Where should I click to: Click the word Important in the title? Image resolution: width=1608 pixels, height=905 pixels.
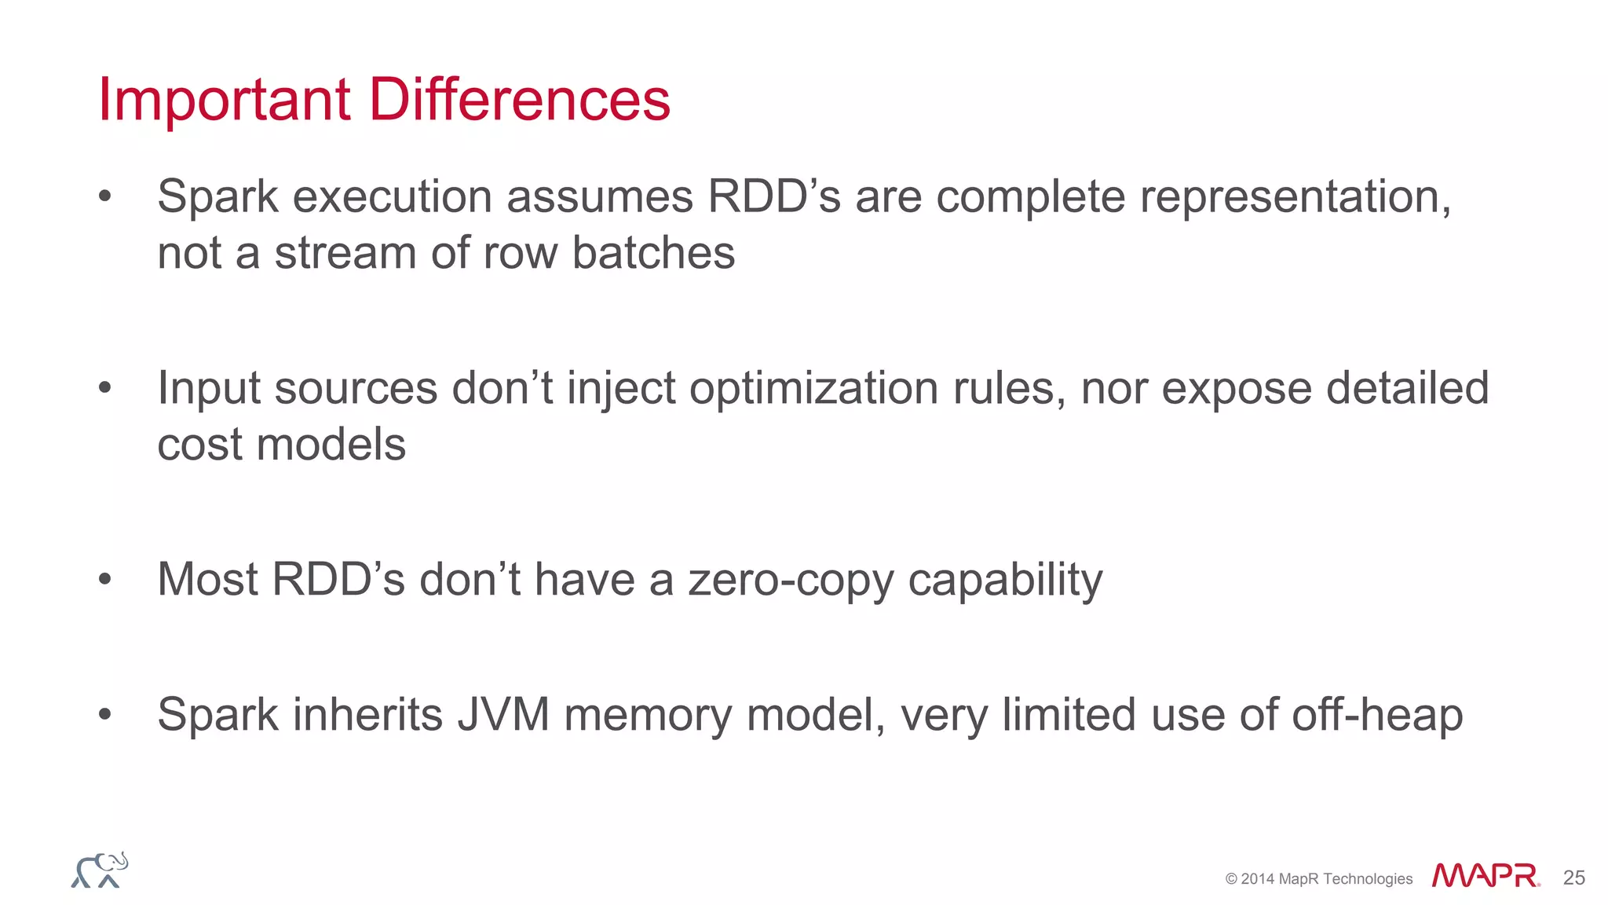coord(224,100)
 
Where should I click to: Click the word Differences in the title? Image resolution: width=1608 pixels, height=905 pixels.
coord(519,100)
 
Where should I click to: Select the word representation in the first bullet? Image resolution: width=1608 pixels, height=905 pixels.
coord(1295,196)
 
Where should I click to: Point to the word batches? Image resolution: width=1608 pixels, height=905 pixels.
coord(653,253)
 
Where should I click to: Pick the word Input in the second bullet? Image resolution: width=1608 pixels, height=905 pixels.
coord(208,388)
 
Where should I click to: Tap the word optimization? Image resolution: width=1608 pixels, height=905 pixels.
coord(813,388)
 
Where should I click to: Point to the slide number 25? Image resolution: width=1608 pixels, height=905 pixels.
coord(1573,878)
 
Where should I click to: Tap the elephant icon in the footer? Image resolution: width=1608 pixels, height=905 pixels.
coord(100,870)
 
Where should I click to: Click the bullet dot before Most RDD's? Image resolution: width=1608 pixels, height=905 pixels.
coord(105,580)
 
